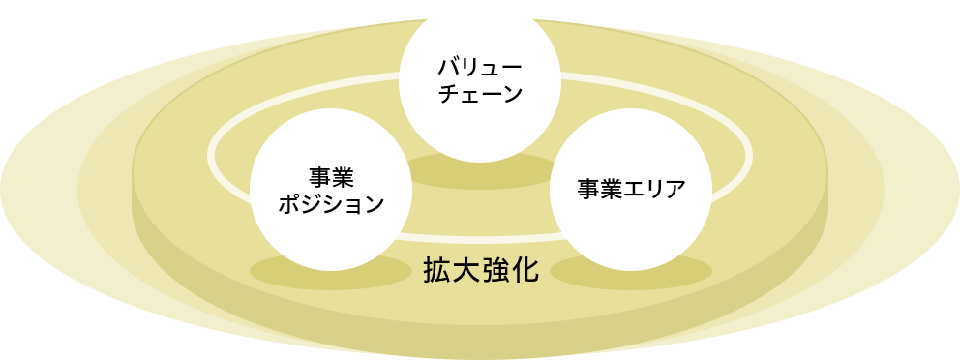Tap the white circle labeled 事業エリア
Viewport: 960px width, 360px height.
[x=631, y=189]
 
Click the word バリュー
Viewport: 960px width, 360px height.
[x=481, y=69]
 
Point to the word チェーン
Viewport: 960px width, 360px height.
[x=481, y=95]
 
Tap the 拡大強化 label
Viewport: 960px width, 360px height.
[x=481, y=270]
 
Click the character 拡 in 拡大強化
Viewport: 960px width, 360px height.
[x=437, y=270]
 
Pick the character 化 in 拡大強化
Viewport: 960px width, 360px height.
[x=525, y=270]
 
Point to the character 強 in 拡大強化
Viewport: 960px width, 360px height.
[x=495, y=270]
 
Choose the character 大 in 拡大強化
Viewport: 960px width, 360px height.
[x=466, y=270]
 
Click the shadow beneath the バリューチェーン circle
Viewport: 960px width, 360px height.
[x=481, y=172]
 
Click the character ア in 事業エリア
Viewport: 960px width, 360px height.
[x=675, y=189]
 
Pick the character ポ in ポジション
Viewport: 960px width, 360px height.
[x=288, y=205]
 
